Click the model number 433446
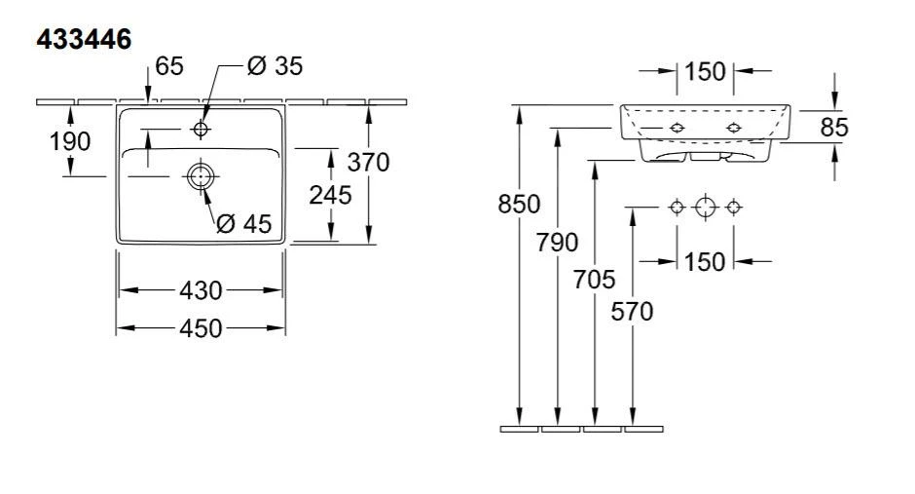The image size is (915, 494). click(x=83, y=39)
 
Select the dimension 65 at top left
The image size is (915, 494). click(x=168, y=66)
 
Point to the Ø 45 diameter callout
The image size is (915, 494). click(x=243, y=223)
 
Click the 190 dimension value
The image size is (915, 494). click(x=70, y=141)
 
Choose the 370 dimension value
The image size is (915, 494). click(x=369, y=162)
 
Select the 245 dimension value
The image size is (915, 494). click(x=330, y=194)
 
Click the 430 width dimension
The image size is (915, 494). click(x=201, y=290)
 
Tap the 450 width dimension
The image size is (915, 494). click(x=201, y=328)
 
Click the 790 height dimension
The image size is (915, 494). click(x=557, y=242)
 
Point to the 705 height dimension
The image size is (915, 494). click(x=595, y=280)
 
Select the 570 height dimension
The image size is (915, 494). click(x=633, y=311)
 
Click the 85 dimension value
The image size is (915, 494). click(x=834, y=127)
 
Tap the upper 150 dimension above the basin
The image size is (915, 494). click(x=705, y=71)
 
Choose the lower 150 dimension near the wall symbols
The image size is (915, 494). click(x=705, y=261)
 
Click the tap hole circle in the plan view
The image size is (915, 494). click(x=201, y=129)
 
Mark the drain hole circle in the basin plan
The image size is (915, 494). click(x=200, y=175)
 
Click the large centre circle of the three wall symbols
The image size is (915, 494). click(x=706, y=207)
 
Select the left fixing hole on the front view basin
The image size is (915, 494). click(x=677, y=129)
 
